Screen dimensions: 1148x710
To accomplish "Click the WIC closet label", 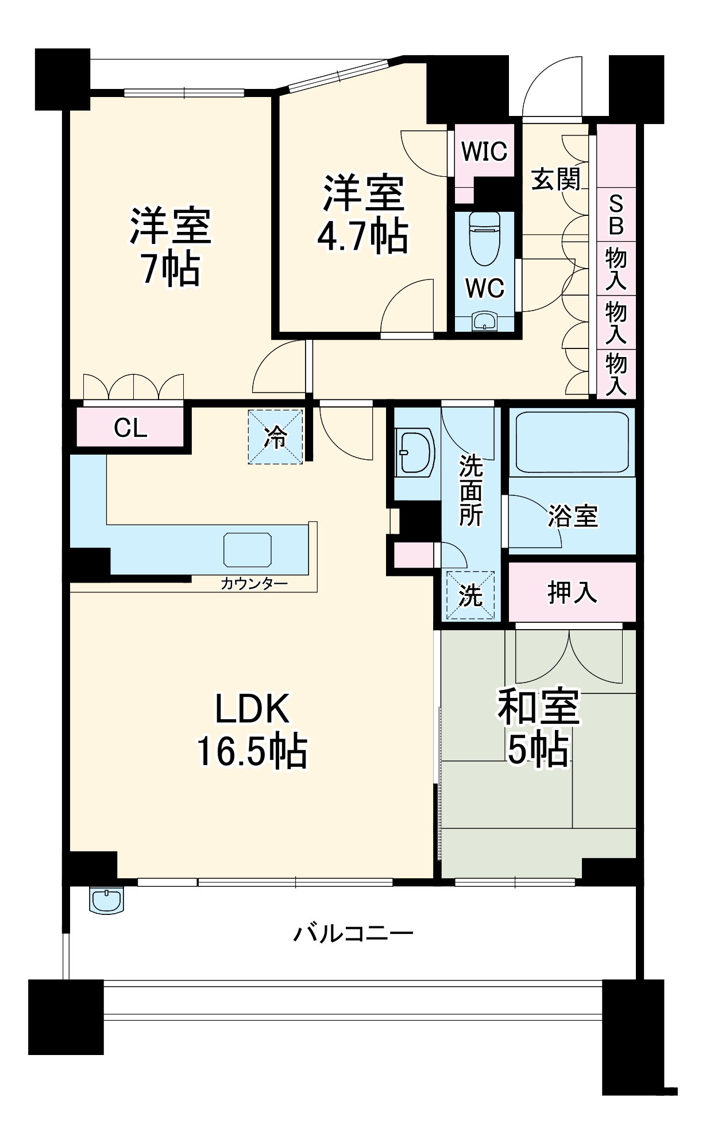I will coord(484,152).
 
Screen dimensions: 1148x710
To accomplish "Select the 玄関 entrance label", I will coord(555,179).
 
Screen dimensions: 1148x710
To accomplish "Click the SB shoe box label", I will coord(616,215).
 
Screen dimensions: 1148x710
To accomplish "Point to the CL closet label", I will coord(130,428).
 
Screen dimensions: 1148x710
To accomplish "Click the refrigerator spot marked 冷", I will coord(276,437).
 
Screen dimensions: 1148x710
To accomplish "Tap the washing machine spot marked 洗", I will coord(470,595).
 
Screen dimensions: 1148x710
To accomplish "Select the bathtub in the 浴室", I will coord(572,442).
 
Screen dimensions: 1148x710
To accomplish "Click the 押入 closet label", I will coord(572,592).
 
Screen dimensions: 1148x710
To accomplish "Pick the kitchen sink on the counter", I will coord(248,549).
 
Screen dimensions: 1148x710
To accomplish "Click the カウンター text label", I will coord(254,584).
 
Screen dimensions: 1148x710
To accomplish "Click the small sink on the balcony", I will coord(107,900).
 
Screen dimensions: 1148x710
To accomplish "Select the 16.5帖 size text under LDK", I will coord(252,751).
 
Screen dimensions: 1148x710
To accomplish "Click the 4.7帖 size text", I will coord(362,236).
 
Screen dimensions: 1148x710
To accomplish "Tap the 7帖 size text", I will coord(171,269).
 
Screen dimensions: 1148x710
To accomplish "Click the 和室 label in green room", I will coord(538,707).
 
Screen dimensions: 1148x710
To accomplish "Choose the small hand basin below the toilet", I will coord(485,321).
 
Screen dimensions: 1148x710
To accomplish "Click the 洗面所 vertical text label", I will coord(470,492).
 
